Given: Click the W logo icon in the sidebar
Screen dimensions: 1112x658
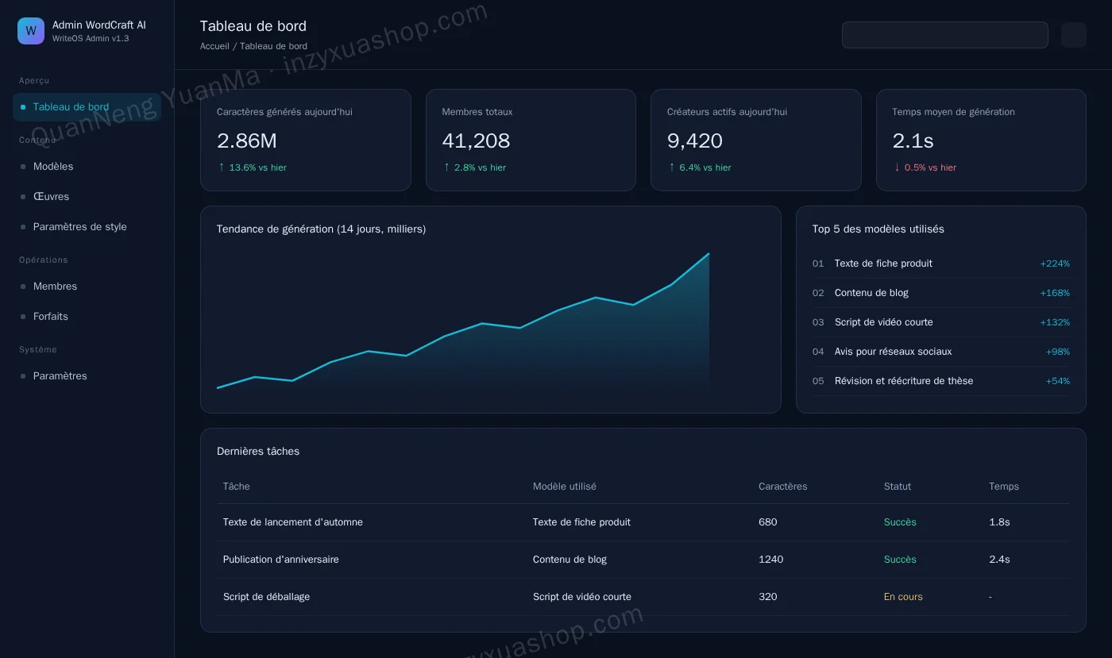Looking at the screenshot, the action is coord(31,31).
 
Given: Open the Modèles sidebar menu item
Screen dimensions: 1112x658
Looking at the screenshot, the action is coord(53,166).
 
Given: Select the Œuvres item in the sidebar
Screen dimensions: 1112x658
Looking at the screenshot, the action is coord(51,197).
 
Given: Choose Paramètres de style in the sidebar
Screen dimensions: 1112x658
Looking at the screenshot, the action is coord(80,227).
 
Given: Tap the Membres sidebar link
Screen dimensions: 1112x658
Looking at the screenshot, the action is coord(55,287).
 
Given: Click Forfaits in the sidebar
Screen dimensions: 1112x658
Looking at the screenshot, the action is coord(51,317).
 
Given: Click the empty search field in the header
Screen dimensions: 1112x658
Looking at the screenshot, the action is coord(944,35).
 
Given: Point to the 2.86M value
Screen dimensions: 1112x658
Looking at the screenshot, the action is coord(247,141).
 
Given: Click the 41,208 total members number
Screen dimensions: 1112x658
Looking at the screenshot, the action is coord(476,141).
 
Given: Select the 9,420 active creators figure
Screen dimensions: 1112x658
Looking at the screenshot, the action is coord(694,141).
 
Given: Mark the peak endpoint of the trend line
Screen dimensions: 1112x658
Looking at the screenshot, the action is coord(709,253).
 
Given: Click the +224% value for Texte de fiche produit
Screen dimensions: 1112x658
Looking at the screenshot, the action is coord(1055,264).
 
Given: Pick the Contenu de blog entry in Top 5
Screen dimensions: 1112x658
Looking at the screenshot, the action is coord(871,293).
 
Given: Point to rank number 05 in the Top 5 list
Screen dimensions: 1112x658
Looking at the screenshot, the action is coord(817,381).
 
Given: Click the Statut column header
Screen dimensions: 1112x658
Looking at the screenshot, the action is coord(897,487).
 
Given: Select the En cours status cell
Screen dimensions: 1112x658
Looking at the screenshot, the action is coord(903,597).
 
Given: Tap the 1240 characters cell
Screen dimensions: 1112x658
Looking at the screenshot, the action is coord(770,560).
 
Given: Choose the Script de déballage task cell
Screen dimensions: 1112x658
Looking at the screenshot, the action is coord(266,597).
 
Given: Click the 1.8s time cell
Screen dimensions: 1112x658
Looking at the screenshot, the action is coord(999,522).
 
